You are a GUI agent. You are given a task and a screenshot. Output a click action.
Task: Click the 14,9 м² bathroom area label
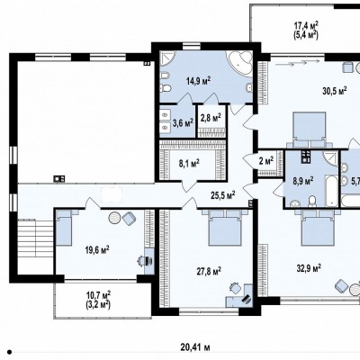tap(198, 81)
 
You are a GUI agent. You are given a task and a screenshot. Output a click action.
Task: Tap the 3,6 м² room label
tap(183, 122)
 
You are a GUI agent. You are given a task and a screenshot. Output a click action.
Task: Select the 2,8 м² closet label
tap(211, 117)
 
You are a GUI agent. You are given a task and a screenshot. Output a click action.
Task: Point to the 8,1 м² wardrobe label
tap(189, 164)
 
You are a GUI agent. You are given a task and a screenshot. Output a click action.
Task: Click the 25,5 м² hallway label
tap(222, 195)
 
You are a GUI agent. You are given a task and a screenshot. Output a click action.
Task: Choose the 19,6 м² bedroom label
tap(97, 249)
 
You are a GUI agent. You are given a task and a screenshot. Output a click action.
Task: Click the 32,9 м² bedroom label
tap(310, 267)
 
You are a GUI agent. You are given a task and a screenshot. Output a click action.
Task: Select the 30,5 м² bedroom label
tap(335, 91)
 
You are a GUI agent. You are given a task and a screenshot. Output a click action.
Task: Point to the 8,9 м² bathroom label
tap(303, 181)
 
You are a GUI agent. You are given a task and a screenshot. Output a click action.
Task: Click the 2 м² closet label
tap(265, 160)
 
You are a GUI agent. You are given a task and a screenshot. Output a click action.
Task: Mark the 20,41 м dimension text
tap(195, 348)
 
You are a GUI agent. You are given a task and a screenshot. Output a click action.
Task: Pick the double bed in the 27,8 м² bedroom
tap(225, 228)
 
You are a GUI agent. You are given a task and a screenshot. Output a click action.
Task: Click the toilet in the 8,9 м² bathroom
tap(312, 201)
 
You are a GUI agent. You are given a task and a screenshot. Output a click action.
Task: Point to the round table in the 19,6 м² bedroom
tap(114, 218)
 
